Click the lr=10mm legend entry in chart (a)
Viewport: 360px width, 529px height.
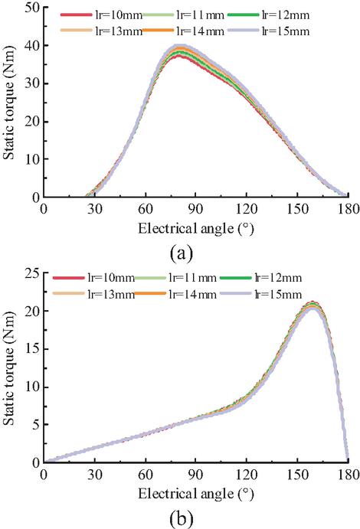(x=102, y=15)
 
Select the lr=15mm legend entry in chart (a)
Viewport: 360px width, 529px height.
(x=269, y=31)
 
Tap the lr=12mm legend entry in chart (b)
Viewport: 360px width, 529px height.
(x=260, y=278)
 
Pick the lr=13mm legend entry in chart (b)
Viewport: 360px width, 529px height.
(x=93, y=294)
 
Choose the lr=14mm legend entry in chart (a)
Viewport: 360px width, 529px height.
(x=183, y=31)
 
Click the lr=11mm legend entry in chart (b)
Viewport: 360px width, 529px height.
(x=175, y=278)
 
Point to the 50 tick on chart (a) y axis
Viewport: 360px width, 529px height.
(x=32, y=8)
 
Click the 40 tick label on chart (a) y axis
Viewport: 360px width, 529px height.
(x=32, y=45)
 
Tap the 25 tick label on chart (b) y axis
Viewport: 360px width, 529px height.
(x=32, y=273)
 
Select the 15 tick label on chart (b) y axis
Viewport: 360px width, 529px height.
(x=32, y=349)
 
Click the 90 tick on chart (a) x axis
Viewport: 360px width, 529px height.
(x=195, y=209)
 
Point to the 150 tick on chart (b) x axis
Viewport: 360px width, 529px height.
(x=297, y=475)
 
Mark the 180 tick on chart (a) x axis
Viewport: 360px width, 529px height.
(x=349, y=209)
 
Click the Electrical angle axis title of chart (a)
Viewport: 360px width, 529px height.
(x=195, y=229)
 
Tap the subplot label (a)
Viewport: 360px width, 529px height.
(x=182, y=253)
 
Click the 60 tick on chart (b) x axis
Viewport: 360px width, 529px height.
(x=146, y=475)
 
